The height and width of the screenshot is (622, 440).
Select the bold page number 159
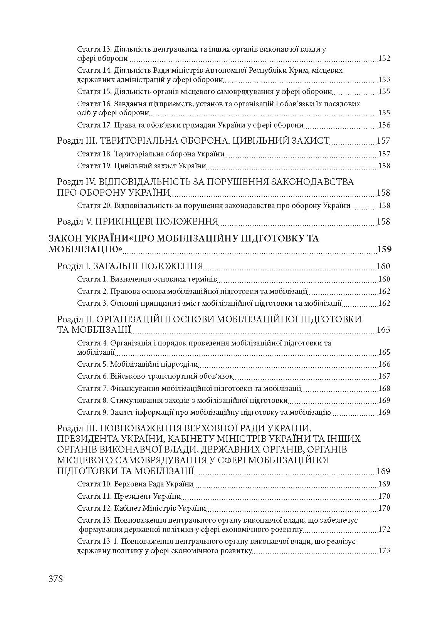pos(384,249)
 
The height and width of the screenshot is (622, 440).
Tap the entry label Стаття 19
pos(94,166)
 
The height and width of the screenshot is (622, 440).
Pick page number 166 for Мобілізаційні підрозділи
pos(384,364)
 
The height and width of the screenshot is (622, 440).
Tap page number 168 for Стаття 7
pos(384,388)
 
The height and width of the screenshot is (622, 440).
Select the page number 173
pos(384,550)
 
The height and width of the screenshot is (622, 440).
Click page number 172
pos(384,529)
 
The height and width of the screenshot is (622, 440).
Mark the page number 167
pos(384,376)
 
